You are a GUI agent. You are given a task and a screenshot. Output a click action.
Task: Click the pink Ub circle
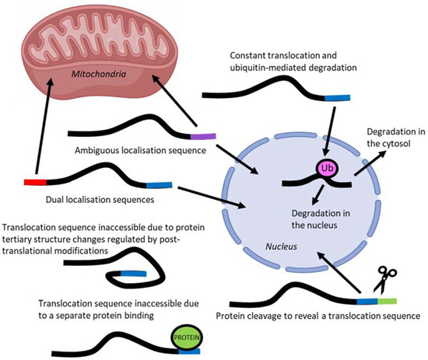click(327, 169)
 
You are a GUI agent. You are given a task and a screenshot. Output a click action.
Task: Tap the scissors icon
click(384, 280)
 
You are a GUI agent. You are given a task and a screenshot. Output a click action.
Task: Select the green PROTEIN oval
click(187, 337)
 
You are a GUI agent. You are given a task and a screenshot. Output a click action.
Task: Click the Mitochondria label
click(99, 74)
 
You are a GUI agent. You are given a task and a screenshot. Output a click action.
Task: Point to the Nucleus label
click(281, 246)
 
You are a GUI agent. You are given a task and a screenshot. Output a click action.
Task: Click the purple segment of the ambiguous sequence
click(203, 136)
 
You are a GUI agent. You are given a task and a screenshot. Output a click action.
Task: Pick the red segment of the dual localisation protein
click(35, 182)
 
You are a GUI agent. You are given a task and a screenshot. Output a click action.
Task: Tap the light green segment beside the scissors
click(387, 301)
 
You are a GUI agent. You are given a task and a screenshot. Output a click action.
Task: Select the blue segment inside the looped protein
click(134, 274)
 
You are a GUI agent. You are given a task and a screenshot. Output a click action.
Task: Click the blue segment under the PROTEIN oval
click(189, 351)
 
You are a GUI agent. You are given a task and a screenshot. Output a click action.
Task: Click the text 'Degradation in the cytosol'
click(396, 138)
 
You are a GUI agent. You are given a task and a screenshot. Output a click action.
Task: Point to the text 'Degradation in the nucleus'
click(321, 219)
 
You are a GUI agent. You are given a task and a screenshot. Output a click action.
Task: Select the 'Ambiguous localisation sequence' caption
click(140, 150)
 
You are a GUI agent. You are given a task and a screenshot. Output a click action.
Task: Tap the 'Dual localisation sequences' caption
click(100, 200)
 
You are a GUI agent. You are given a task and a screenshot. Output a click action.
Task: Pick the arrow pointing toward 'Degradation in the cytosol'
click(370, 163)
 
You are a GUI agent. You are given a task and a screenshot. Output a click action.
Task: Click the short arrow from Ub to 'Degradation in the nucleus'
click(317, 195)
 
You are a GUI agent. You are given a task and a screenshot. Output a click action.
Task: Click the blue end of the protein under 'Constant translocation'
click(337, 98)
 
